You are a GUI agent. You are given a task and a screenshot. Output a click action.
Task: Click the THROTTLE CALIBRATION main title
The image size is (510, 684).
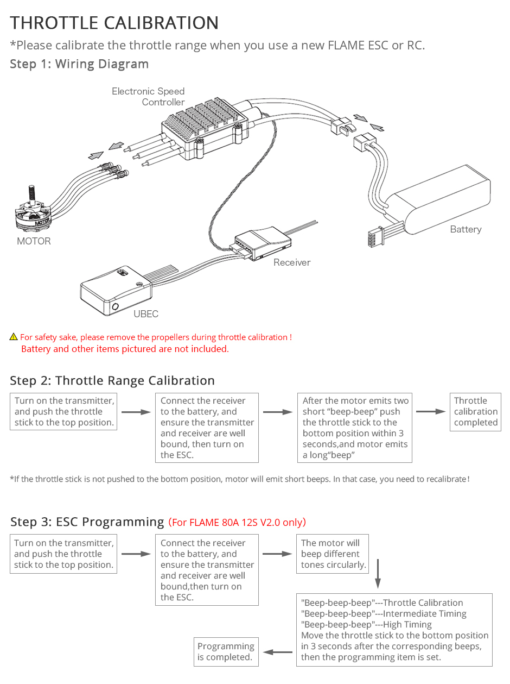click(x=114, y=23)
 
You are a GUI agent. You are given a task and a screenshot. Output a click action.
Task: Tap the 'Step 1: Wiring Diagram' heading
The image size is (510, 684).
click(x=79, y=64)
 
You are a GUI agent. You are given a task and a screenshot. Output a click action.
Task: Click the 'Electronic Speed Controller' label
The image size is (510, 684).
click(x=149, y=97)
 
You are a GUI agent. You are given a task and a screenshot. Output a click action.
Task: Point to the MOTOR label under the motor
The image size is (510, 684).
click(x=34, y=241)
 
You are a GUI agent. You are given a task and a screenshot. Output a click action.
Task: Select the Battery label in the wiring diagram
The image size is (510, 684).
click(x=466, y=229)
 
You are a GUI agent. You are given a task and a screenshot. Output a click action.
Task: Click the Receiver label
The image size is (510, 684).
click(x=292, y=262)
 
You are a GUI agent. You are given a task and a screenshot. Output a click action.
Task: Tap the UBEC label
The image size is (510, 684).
click(x=146, y=314)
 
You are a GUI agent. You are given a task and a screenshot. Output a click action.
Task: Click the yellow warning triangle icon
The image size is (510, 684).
click(x=14, y=337)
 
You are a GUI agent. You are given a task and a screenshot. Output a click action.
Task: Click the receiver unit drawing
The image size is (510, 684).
click(x=260, y=241)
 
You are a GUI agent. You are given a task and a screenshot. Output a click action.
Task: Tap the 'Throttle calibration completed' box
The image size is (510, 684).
click(x=475, y=412)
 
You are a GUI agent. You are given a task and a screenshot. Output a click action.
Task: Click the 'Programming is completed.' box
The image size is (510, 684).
click(x=226, y=651)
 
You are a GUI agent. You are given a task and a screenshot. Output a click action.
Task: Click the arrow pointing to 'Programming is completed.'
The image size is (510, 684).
click(x=278, y=652)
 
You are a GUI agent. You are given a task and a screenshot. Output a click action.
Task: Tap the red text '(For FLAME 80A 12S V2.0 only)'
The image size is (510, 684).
click(x=237, y=523)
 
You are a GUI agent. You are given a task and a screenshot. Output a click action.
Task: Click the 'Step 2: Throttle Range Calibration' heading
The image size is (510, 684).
click(x=112, y=380)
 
